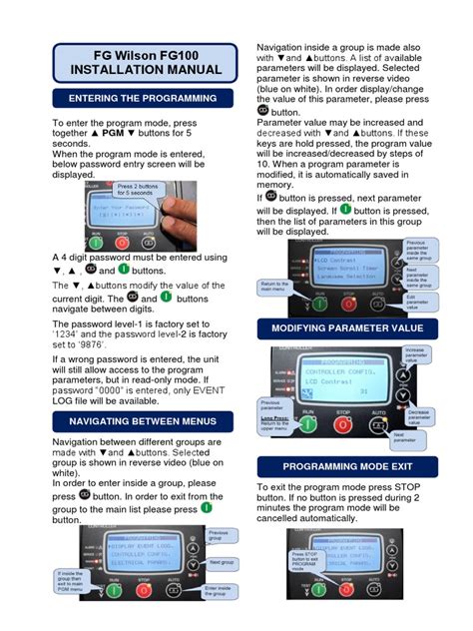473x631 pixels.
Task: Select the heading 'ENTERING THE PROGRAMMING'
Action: pos(142,98)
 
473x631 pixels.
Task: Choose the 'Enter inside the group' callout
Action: pos(222,592)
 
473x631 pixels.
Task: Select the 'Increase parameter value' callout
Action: pos(419,355)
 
